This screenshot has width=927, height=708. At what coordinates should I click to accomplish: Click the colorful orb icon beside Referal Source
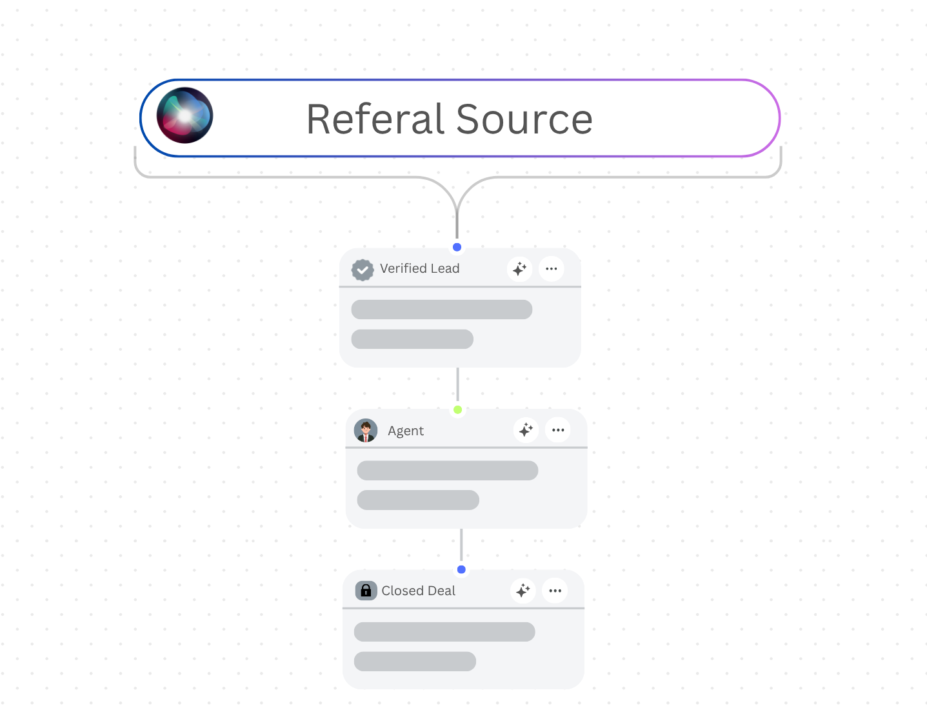pyautogui.click(x=185, y=115)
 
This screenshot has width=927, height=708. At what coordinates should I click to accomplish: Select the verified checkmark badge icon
pyautogui.click(x=363, y=270)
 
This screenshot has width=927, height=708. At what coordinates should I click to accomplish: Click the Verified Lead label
pyautogui.click(x=419, y=269)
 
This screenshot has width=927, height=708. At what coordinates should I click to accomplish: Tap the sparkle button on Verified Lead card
pyautogui.click(x=519, y=269)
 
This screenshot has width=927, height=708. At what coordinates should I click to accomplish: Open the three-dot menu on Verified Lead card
pyautogui.click(x=552, y=269)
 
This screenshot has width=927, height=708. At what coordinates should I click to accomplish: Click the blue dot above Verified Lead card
pyautogui.click(x=457, y=247)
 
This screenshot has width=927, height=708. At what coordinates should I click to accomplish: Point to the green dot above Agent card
pyautogui.click(x=458, y=409)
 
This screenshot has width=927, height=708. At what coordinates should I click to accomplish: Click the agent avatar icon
pyautogui.click(x=366, y=431)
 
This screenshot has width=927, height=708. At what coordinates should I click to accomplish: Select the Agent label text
pyautogui.click(x=406, y=431)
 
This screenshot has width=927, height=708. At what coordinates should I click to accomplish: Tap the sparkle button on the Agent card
pyautogui.click(x=526, y=429)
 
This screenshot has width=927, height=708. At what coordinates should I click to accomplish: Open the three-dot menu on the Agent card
pyautogui.click(x=558, y=429)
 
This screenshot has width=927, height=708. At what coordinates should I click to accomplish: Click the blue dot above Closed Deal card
pyautogui.click(x=461, y=569)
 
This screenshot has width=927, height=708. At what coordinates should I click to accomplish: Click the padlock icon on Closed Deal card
pyautogui.click(x=366, y=591)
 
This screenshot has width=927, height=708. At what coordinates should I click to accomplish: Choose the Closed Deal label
pyautogui.click(x=418, y=591)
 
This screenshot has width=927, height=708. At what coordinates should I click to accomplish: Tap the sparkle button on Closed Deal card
pyautogui.click(x=523, y=590)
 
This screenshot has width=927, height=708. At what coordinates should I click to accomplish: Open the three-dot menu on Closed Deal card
pyautogui.click(x=555, y=590)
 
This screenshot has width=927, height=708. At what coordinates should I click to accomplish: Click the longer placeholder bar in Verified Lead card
pyautogui.click(x=442, y=310)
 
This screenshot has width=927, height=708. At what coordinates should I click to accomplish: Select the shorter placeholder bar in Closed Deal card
pyautogui.click(x=415, y=662)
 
